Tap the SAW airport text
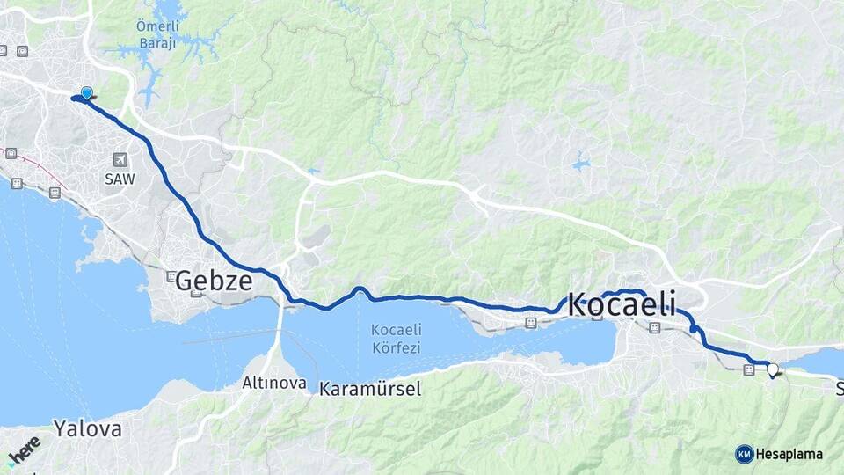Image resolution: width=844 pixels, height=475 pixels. pos(120,179)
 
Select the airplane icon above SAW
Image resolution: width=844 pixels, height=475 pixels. pos(120,159)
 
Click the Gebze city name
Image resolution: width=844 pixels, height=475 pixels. pos(214,281)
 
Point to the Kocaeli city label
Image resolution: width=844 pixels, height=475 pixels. pos(622,304)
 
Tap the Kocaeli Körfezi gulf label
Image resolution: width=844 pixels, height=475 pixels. pos(396,339)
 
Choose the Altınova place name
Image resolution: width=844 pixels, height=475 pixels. pos(274,384)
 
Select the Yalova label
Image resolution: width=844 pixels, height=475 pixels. pos(87,429)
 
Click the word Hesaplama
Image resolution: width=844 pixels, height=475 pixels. pos(789,454)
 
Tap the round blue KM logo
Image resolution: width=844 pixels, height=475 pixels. pos(744,454)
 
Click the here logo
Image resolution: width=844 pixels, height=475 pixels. pos(24,448)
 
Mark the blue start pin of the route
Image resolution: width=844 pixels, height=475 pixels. pos(86,93)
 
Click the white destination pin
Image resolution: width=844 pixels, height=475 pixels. pos(772,369)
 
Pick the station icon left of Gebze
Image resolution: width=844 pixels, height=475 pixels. pos(171,275)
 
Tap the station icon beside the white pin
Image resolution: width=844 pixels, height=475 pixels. pos(748,370)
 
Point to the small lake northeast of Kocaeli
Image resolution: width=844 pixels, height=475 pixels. pos(580,163)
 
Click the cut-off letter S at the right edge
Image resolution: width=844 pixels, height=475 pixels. pos(840,388)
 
